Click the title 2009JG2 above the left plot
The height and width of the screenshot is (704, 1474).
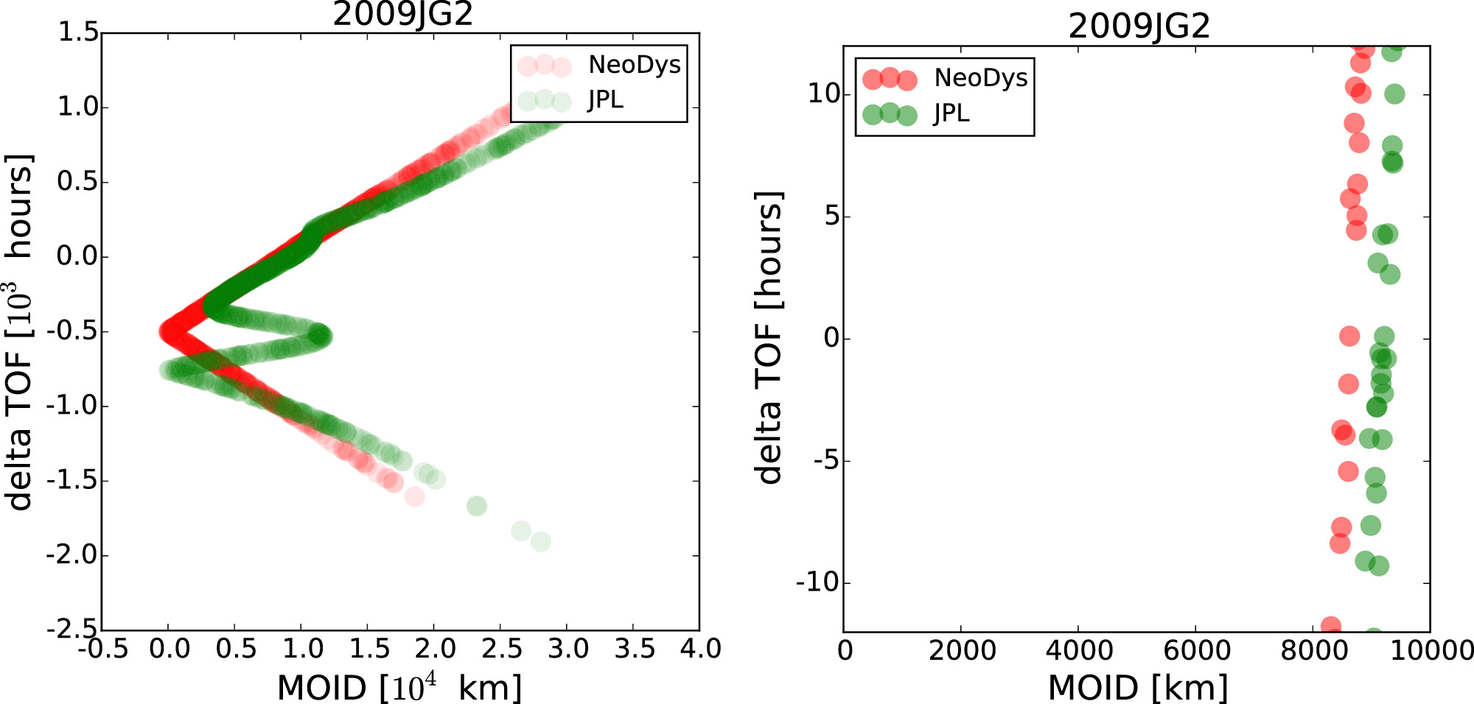402,15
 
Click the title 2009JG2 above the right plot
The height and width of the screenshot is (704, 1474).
1139,27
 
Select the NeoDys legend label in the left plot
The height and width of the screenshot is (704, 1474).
634,65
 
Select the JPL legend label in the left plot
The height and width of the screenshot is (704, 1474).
605,99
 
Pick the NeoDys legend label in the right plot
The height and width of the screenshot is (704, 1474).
980,77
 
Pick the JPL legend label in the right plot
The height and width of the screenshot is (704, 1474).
951,113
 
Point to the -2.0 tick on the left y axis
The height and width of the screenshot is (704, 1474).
72,555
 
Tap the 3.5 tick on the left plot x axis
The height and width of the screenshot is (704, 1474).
634,649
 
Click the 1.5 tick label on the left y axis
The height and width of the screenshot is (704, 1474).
77,32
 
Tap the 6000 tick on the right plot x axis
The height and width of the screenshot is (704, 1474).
1196,650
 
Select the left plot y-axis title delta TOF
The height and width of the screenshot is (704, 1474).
20,331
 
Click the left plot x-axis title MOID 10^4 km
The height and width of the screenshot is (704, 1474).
399,688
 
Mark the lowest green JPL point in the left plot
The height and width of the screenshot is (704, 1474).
540,542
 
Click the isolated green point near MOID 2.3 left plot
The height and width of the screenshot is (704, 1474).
477,506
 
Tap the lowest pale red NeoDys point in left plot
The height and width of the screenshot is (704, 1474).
414,496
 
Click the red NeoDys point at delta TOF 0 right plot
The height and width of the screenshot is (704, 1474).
1349,337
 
